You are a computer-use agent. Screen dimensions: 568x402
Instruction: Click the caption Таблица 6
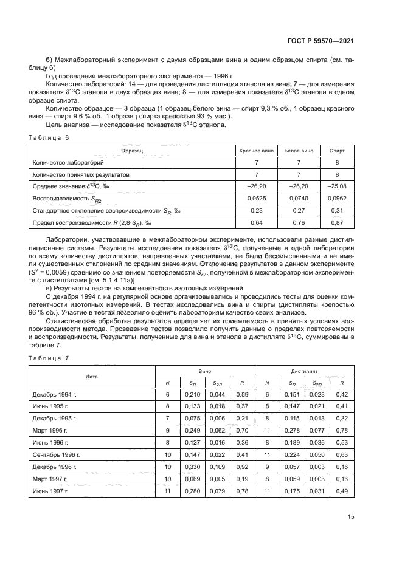click(50, 138)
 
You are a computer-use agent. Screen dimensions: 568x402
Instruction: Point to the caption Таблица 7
click(50, 358)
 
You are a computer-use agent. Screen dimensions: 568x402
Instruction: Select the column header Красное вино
click(256, 150)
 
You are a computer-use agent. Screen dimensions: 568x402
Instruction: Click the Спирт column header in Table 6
click(336, 150)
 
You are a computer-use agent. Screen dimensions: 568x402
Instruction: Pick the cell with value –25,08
click(336, 186)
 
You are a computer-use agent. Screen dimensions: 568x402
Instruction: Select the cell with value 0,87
click(336, 222)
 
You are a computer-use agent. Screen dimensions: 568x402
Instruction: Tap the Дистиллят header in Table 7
click(304, 369)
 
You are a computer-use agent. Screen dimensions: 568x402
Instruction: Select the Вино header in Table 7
click(205, 369)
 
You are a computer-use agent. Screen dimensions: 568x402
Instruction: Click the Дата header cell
click(92, 376)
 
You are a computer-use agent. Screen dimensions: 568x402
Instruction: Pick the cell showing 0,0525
click(256, 198)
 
